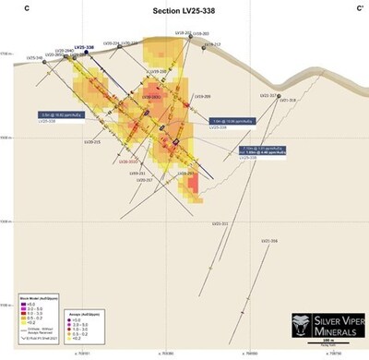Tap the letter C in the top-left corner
(29, 7)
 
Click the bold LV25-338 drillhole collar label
(85, 48)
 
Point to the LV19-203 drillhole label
(184, 32)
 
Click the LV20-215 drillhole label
(92, 141)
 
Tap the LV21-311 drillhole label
(220, 222)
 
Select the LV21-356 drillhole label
(268, 241)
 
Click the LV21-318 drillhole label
(287, 100)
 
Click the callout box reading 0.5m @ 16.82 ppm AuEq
(58, 114)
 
